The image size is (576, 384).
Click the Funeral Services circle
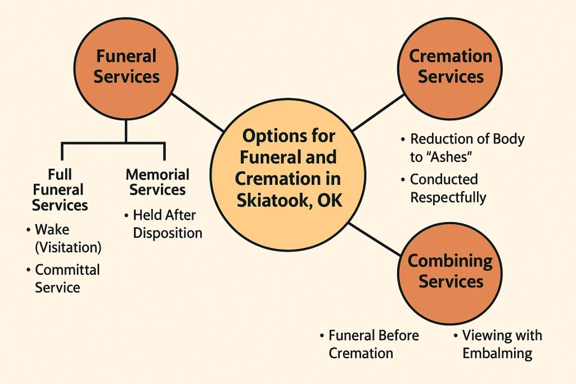tap(127, 66)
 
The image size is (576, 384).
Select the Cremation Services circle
tap(450, 66)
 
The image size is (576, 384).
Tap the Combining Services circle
tap(450, 271)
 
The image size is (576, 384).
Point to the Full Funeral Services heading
tap(60, 189)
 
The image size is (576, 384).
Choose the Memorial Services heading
tap(157, 182)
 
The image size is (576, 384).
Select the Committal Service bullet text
tap(66, 278)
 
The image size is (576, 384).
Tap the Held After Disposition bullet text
tap(166, 224)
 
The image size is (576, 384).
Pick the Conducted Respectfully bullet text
tap(447, 188)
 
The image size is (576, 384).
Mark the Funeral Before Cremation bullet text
tap(373, 344)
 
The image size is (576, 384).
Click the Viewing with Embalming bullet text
tap(501, 344)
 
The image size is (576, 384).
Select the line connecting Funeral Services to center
tap(197, 111)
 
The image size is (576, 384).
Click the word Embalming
tap(497, 353)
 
